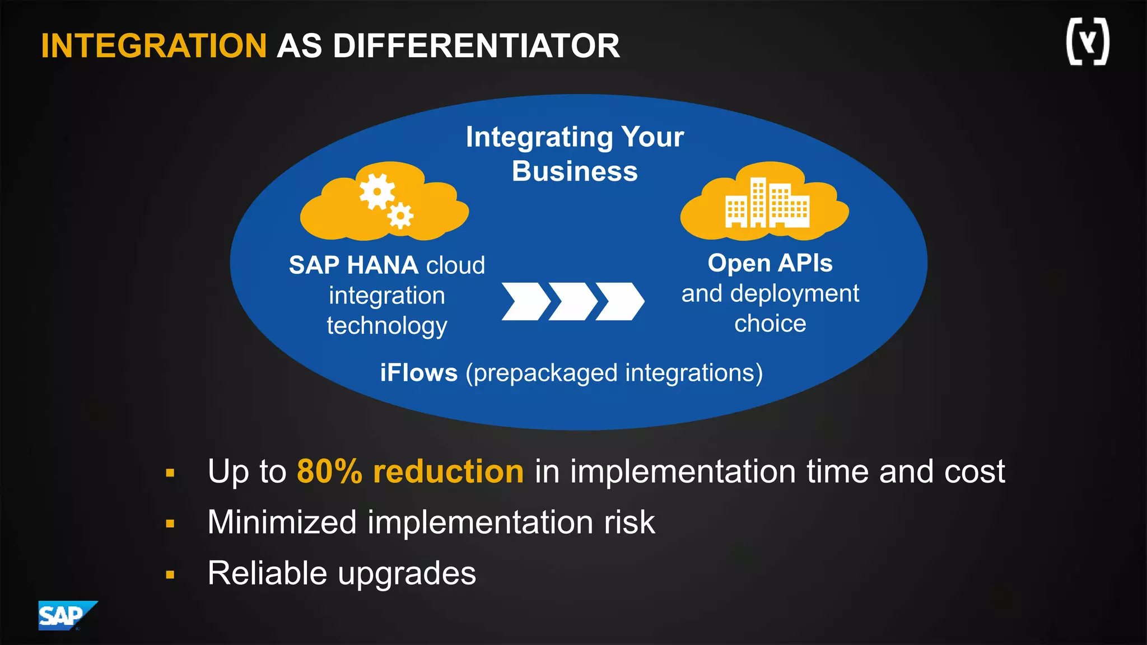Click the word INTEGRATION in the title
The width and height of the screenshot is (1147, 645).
click(x=153, y=46)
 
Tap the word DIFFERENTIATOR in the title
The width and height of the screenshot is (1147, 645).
click(x=476, y=46)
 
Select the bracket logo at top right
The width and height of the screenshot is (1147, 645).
click(x=1087, y=42)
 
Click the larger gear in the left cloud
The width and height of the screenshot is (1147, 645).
click(x=377, y=191)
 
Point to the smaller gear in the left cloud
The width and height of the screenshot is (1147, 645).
click(x=400, y=216)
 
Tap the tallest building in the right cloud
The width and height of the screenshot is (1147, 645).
click(x=758, y=203)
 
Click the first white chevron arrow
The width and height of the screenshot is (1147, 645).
click(x=525, y=301)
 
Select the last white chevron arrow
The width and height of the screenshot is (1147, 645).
click(x=619, y=301)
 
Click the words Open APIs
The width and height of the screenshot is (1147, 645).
click(x=770, y=263)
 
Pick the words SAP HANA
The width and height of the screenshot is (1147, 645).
click(x=353, y=265)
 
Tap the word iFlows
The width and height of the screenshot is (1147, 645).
click(x=418, y=373)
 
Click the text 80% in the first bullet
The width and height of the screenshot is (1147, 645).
click(x=329, y=471)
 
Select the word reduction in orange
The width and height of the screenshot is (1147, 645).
click(x=448, y=471)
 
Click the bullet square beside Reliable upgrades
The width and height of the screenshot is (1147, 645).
click(x=170, y=574)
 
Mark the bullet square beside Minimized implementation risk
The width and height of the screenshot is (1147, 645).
click(x=170, y=524)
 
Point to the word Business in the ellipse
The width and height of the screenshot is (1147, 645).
click(x=575, y=171)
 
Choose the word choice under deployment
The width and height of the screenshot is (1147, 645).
click(x=770, y=324)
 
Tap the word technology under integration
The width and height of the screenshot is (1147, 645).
click(x=386, y=326)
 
